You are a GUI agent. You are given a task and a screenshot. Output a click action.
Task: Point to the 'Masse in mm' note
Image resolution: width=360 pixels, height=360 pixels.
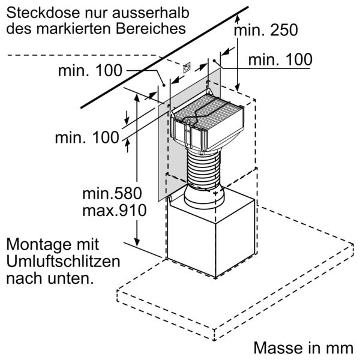[x=303, y=349]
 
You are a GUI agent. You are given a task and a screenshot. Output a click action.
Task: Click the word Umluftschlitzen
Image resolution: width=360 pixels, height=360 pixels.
[x=63, y=262]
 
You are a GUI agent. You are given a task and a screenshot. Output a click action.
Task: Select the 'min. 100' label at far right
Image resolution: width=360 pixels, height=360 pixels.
[x=280, y=59]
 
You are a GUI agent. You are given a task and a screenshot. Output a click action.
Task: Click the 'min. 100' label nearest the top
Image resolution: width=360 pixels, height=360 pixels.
[x=90, y=71]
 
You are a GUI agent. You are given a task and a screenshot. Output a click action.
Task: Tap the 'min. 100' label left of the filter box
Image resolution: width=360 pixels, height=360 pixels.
[x=87, y=137]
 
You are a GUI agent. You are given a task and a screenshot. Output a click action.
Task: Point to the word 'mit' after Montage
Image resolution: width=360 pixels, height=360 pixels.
[x=87, y=245]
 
